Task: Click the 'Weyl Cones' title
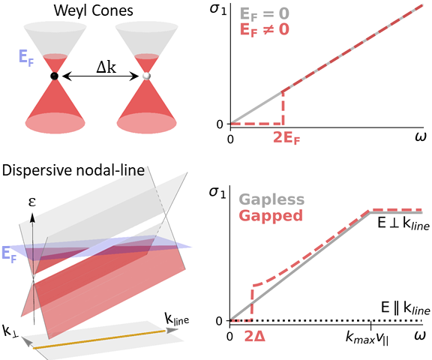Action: [94, 11]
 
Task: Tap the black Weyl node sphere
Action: [55, 76]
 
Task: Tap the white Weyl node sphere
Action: [146, 76]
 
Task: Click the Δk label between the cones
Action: [106, 67]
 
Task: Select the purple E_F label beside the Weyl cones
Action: [26, 58]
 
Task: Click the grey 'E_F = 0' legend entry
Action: [265, 13]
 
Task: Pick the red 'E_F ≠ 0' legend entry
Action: [265, 29]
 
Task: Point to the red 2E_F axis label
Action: [286, 138]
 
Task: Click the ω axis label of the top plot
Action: [420, 136]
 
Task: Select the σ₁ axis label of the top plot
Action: [218, 9]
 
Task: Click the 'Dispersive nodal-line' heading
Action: [73, 170]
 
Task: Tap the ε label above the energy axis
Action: [32, 202]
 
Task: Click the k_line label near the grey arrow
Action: [177, 319]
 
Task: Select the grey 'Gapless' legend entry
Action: [271, 199]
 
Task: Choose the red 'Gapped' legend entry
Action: [271, 215]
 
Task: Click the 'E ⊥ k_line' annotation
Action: [403, 223]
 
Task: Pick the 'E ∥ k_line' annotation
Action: [406, 308]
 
